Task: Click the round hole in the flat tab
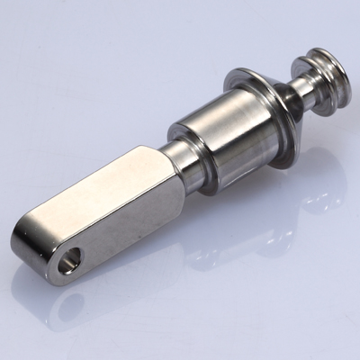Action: point(68,264)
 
